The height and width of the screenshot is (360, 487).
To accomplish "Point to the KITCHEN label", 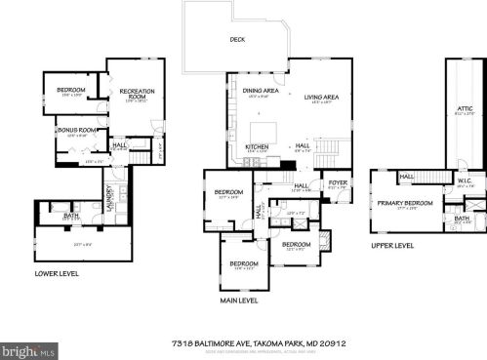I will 257,147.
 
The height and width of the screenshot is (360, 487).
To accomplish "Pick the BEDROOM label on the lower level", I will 71,91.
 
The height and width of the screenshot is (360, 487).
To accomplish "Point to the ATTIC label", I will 465,108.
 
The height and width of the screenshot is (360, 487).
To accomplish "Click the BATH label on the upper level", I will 462,218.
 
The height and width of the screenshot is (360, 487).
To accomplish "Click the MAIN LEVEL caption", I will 237,300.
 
